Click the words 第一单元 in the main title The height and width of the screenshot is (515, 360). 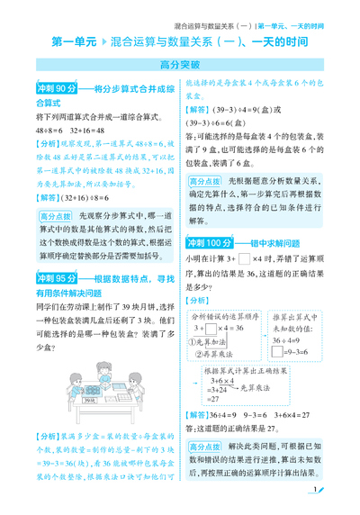click(x=75, y=41)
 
